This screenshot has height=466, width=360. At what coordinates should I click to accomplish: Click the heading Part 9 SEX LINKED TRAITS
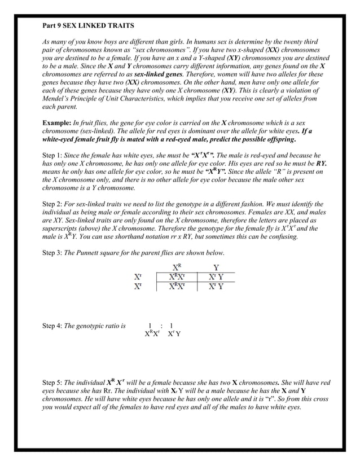point(89,26)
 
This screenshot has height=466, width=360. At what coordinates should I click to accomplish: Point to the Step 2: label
point(54,204)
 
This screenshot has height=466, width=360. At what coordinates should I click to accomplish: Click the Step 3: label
point(54,252)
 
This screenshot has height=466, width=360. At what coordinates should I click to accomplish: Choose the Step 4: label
point(54,326)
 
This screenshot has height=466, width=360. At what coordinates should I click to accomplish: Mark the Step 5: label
point(54,383)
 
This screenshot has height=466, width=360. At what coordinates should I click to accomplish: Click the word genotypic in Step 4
point(94,326)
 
